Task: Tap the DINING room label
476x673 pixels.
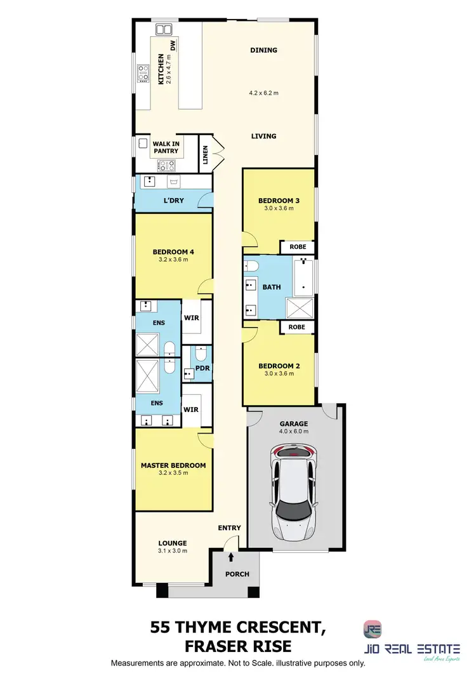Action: [x=264, y=50]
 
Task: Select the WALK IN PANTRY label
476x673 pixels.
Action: [x=166, y=147]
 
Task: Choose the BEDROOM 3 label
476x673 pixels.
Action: [x=279, y=201]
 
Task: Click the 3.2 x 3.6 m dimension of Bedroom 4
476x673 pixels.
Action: [x=173, y=260]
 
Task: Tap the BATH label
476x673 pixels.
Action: [x=272, y=287]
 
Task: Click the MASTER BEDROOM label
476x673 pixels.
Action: [x=173, y=465]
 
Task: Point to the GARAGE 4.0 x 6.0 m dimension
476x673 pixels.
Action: [x=294, y=432]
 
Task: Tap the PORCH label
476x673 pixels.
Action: [x=237, y=575]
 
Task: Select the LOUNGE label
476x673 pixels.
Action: [x=173, y=543]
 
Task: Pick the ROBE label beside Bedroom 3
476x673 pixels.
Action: [x=298, y=246]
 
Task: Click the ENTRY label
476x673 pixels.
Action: [x=229, y=528]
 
